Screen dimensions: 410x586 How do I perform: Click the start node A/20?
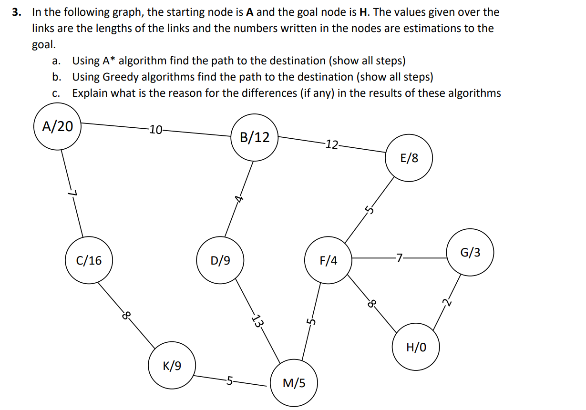57,127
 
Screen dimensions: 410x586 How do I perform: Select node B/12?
254,138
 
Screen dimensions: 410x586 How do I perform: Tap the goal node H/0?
415,347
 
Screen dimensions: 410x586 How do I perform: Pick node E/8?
409,158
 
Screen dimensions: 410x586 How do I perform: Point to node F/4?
328,261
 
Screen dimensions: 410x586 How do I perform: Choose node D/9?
220,260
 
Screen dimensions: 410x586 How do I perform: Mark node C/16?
89,260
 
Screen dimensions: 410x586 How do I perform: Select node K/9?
172,366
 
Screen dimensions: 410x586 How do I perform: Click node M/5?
294,383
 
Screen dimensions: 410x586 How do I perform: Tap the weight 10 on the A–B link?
155,129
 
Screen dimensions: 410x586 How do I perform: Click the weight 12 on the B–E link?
331,144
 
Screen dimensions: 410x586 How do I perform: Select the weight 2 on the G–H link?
446,302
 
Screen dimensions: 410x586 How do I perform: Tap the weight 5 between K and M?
230,380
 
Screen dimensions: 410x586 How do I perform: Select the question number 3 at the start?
17,12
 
